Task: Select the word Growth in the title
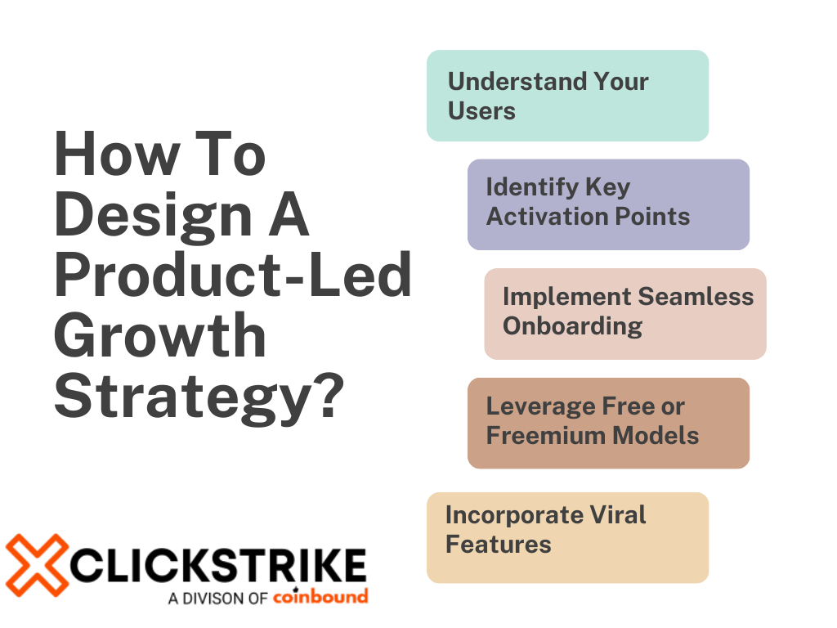point(160,339)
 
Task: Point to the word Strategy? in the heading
point(197,397)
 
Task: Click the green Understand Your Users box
point(567,96)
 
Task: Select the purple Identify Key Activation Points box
point(608,204)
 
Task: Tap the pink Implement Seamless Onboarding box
point(625,313)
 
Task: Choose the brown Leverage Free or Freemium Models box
point(608,423)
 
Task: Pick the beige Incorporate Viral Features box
point(567,537)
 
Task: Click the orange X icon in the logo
point(36,565)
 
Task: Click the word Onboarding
point(572,325)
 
